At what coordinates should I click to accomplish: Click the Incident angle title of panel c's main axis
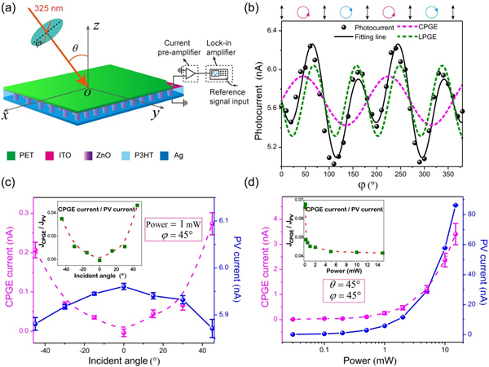123,357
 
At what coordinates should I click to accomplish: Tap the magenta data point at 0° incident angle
124,331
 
